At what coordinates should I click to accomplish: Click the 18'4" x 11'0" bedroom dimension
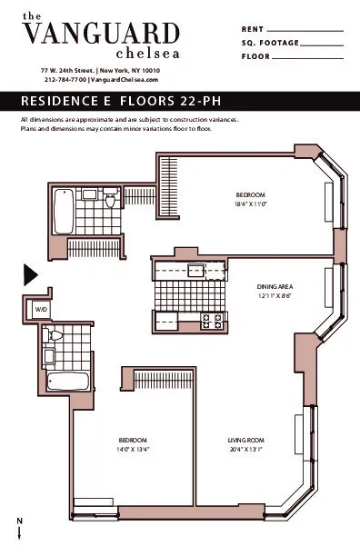(250, 204)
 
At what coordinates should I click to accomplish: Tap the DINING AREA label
(273, 287)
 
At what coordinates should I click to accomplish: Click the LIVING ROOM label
(245, 440)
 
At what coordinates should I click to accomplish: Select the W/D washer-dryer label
(41, 310)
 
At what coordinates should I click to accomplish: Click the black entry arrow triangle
(29, 273)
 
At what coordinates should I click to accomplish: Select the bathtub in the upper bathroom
(63, 211)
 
